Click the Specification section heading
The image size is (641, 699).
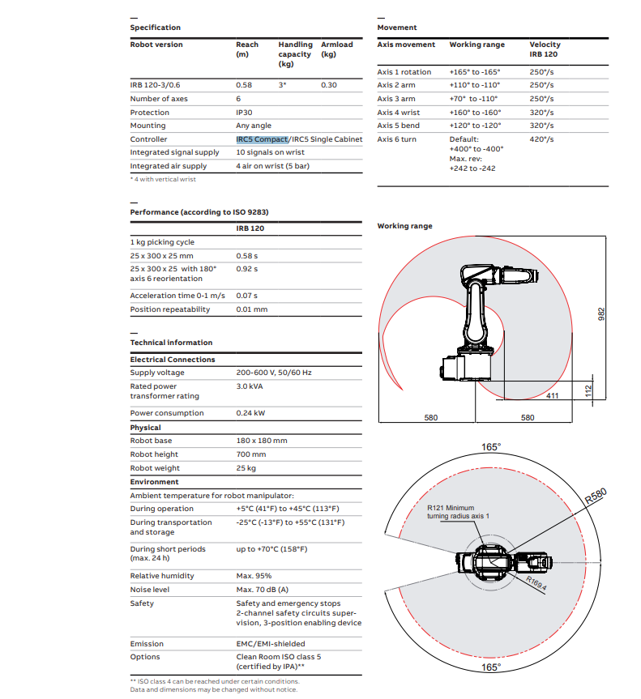156,28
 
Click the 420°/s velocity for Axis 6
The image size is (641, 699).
542,139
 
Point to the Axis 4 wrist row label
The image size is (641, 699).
399,113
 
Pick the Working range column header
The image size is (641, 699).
476,45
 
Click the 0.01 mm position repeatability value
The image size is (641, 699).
252,309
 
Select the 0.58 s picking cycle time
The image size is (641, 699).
247,255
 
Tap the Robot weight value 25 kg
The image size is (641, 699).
246,468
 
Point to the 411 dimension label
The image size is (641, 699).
552,395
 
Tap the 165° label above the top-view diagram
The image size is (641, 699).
491,447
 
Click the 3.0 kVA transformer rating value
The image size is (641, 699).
250,386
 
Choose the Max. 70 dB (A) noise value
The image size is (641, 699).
262,590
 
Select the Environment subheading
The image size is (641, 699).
155,482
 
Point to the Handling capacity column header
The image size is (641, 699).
295,54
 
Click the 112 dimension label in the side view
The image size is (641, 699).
589,392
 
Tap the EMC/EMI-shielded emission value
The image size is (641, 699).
271,644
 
